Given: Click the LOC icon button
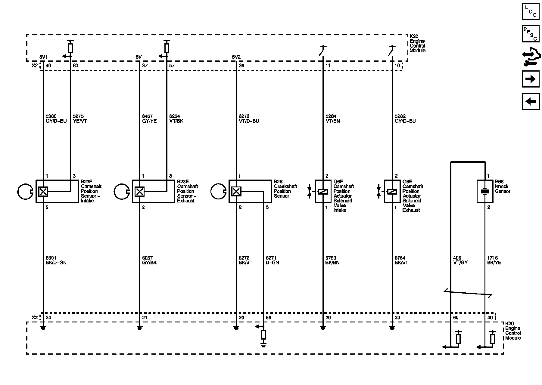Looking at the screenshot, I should click(530, 11).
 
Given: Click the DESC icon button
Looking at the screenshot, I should click(530, 34).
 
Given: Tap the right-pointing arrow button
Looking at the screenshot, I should click(530, 79).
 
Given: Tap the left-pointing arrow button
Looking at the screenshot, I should click(530, 101).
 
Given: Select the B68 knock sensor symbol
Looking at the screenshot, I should click(485, 191).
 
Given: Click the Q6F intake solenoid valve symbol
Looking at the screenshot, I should click(323, 191).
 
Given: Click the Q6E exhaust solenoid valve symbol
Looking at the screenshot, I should click(392, 191).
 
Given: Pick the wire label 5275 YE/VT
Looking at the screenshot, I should click(80, 119).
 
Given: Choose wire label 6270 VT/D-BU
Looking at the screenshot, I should click(249, 119).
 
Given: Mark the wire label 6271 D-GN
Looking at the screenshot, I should click(272, 260).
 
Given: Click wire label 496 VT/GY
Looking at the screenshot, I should click(460, 260).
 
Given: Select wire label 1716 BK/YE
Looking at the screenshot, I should click(494, 260).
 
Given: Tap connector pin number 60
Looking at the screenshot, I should click(75, 66).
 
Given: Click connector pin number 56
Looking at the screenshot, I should click(268, 318).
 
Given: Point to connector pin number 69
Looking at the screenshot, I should click(456, 318).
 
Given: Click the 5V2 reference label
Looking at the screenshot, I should click(236, 57).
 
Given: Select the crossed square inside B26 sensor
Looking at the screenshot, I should click(236, 191).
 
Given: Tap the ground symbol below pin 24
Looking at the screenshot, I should click(43, 328).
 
